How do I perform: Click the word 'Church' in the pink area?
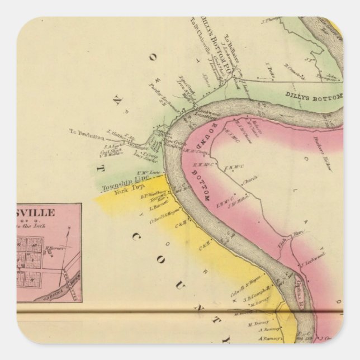click(249, 182)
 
